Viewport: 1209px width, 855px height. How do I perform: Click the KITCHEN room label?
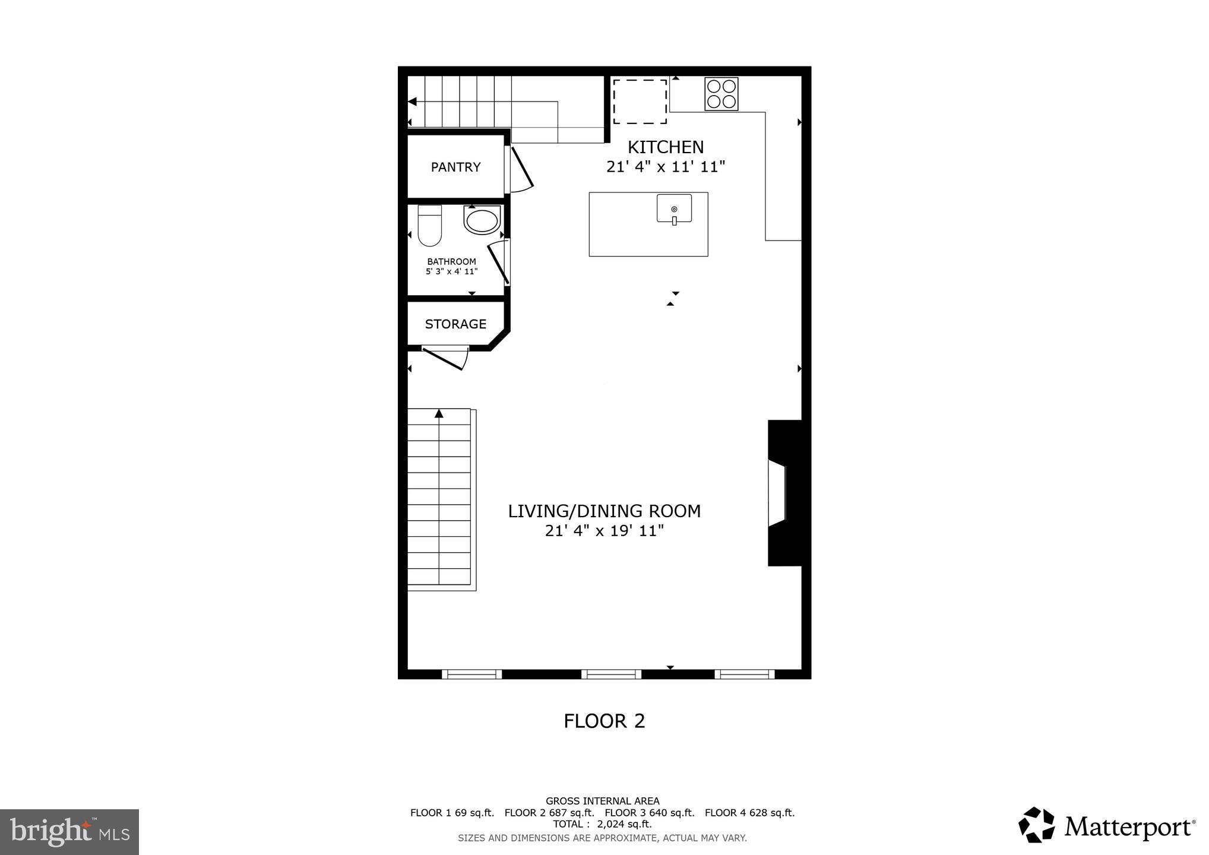pyautogui.click(x=665, y=147)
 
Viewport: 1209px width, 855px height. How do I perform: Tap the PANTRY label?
pyautogui.click(x=455, y=167)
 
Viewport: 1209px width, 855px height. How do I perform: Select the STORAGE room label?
pyautogui.click(x=455, y=324)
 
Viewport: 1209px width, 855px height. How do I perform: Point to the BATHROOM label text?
pyautogui.click(x=451, y=261)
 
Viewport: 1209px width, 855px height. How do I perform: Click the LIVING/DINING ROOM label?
pyautogui.click(x=604, y=511)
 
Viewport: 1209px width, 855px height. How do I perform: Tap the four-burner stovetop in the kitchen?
pyautogui.click(x=721, y=94)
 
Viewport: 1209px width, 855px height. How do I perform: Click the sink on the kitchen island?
pyautogui.click(x=674, y=209)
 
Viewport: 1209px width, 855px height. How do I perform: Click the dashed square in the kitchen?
pyautogui.click(x=640, y=102)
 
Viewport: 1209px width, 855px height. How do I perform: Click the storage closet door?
pyautogui.click(x=445, y=359)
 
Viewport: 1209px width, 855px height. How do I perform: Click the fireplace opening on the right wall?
pyautogui.click(x=777, y=492)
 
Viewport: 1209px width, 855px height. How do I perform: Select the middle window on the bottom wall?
pyautogui.click(x=611, y=674)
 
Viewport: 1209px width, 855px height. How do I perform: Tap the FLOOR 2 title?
pyautogui.click(x=604, y=721)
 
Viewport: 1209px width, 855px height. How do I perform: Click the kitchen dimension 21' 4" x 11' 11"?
pyautogui.click(x=665, y=167)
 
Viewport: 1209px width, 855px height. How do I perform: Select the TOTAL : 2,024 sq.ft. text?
pyautogui.click(x=602, y=824)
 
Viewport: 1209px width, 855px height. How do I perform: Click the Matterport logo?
pyautogui.click(x=1107, y=826)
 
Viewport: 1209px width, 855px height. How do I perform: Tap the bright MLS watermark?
pyautogui.click(x=69, y=831)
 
